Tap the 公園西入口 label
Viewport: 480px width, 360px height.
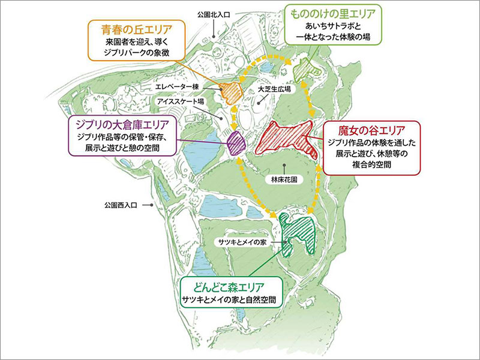(121, 206)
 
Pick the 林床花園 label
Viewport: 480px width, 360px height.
(284, 179)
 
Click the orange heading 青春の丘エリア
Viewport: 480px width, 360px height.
(137, 28)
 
